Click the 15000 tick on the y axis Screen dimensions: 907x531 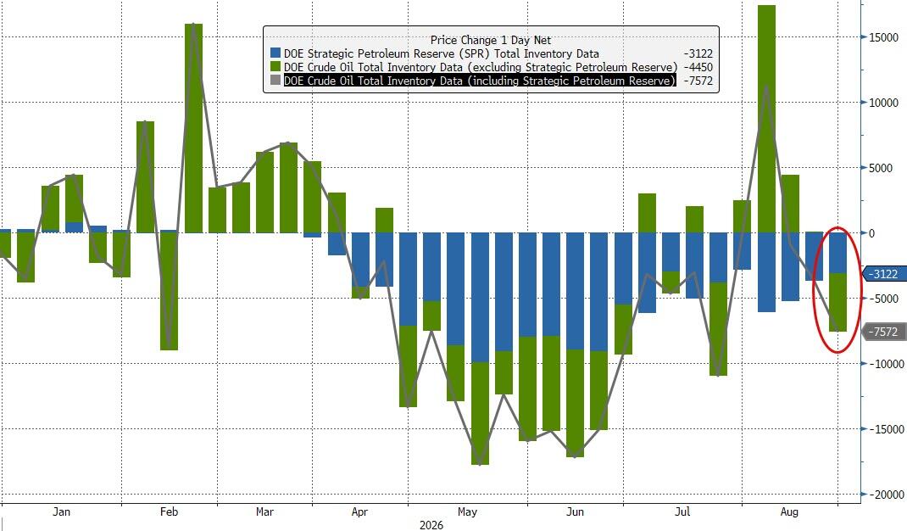pyautogui.click(x=884, y=37)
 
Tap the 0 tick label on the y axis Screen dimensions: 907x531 pyautogui.click(x=872, y=233)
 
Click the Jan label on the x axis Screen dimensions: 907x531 pyautogui.click(x=61, y=511)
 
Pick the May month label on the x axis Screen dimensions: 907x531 pyautogui.click(x=467, y=511)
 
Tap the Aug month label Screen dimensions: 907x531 pyautogui.click(x=789, y=511)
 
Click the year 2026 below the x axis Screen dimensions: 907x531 pyautogui.click(x=431, y=525)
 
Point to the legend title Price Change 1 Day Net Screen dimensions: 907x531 pyautogui.click(x=491, y=40)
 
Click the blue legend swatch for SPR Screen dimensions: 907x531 pyautogui.click(x=275, y=53)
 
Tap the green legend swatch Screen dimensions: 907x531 pyautogui.click(x=275, y=67)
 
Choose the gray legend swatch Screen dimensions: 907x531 pyautogui.click(x=275, y=81)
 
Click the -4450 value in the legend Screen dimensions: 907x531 pyautogui.click(x=698, y=67)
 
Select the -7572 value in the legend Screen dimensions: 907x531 pyautogui.click(x=698, y=81)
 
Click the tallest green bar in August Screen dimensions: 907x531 pyautogui.click(x=766, y=120)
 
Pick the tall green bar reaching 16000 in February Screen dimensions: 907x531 pyautogui.click(x=193, y=128)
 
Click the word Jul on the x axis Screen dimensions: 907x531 pyautogui.click(x=682, y=511)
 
